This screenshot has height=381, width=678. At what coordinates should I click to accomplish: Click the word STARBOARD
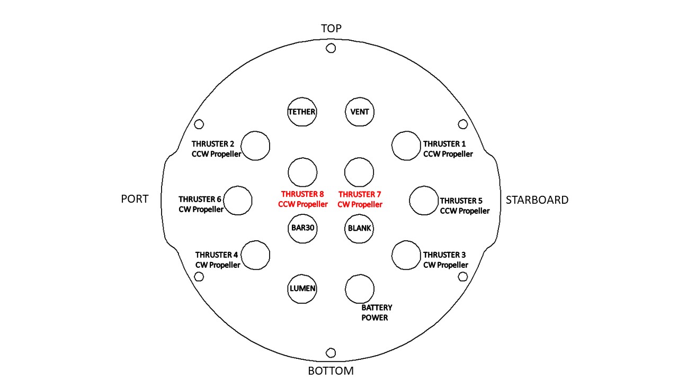click(x=537, y=200)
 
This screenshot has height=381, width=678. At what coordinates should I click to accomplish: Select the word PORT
click(x=135, y=199)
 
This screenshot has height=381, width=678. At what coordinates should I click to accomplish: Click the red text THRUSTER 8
click(x=302, y=194)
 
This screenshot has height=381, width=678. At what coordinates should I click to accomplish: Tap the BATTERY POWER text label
click(x=377, y=313)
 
